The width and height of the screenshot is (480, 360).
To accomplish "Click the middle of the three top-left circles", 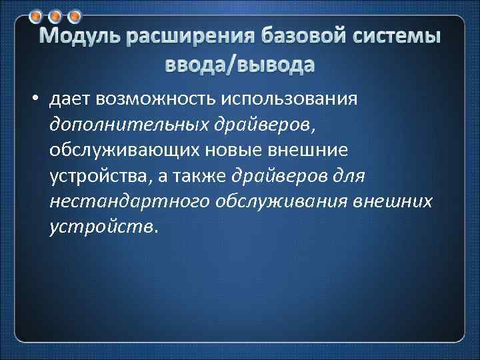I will (x=57, y=14).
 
